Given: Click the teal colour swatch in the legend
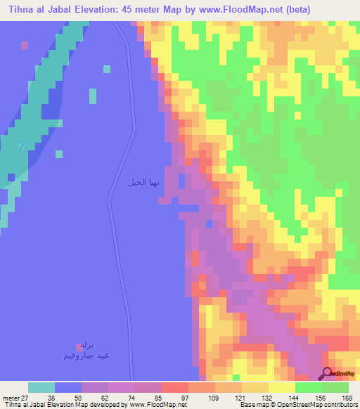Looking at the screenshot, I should [x=41, y=387].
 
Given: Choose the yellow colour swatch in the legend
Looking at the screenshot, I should [x=282, y=387].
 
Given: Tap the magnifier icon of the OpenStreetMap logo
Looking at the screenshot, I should [x=327, y=374].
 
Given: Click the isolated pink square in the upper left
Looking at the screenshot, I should [x=25, y=45].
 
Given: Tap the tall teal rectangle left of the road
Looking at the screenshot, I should [x=93, y=96].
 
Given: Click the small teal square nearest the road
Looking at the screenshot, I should [x=106, y=69].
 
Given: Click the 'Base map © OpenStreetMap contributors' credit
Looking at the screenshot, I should [x=297, y=404].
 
